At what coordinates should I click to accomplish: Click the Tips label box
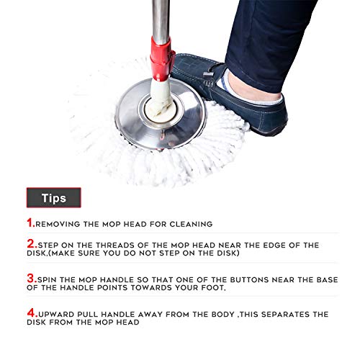click(53, 197)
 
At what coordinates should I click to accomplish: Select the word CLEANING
click(189, 225)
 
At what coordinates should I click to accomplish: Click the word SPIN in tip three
click(48, 277)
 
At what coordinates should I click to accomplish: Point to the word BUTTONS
click(236, 277)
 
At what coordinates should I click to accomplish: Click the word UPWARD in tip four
click(56, 315)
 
